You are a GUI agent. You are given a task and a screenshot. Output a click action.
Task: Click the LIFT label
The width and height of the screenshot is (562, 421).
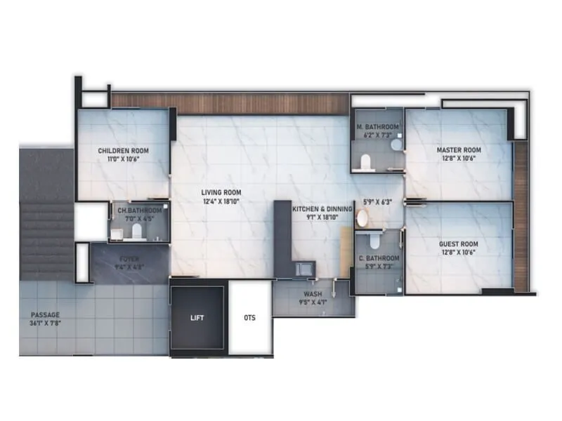[x=197, y=318]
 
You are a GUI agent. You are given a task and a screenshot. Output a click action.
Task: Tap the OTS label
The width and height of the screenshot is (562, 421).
[x=249, y=318]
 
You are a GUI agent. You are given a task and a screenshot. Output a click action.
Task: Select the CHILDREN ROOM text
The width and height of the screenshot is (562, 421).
[x=123, y=150]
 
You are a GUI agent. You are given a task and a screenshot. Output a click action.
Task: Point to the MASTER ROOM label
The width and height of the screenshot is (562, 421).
[x=458, y=150]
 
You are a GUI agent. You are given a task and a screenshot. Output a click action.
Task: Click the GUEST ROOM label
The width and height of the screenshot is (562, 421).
[x=458, y=244]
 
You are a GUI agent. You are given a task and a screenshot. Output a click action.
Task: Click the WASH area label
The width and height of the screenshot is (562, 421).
[x=313, y=294]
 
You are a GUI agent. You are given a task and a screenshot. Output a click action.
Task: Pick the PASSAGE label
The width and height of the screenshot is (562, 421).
[x=45, y=315]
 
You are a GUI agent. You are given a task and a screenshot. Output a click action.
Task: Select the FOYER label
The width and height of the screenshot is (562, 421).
[x=129, y=258]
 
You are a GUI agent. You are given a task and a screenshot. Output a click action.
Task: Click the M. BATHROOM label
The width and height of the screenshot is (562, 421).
[x=378, y=127]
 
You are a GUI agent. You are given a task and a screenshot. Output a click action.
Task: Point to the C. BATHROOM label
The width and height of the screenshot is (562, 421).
[x=379, y=258]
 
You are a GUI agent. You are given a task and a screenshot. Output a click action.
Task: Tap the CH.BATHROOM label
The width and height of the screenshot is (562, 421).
[x=139, y=210]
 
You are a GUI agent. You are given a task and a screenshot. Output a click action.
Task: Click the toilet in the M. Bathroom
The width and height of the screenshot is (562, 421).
[x=364, y=163]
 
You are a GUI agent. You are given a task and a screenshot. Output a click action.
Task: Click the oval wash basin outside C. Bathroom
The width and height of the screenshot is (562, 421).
[x=362, y=218]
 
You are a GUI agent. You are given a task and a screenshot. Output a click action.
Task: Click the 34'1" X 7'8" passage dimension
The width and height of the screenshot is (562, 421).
[x=45, y=323]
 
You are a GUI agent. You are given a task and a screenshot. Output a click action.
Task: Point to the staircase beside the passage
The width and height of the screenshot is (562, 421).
[x=46, y=239]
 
